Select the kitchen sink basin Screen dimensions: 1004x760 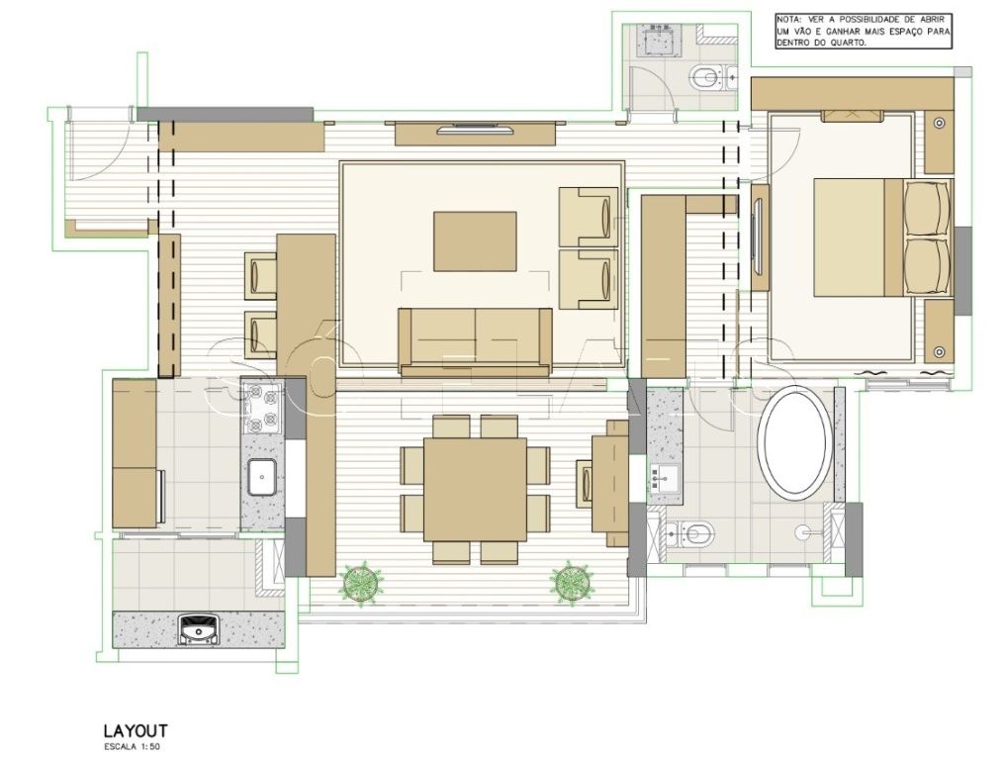click(262, 478)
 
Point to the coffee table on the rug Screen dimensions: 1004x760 click(475, 240)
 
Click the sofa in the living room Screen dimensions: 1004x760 click(475, 340)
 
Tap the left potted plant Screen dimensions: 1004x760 click(363, 580)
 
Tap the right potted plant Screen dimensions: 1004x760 click(572, 581)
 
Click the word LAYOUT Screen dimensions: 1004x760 click(136, 730)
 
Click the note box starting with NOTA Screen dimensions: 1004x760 click(864, 32)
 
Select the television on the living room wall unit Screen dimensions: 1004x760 click(475, 130)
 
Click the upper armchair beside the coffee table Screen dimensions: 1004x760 click(589, 217)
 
